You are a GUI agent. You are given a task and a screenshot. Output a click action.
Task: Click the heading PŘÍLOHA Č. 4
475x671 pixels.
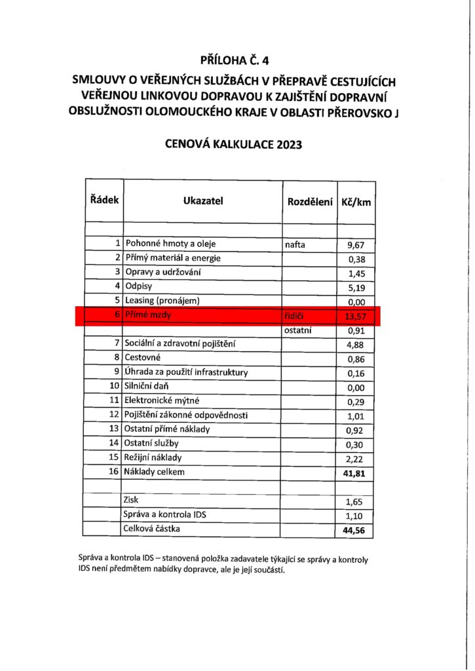237,62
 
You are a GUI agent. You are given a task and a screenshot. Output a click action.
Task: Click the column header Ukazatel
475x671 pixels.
203,201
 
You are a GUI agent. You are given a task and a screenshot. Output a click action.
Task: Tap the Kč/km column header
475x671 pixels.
356,202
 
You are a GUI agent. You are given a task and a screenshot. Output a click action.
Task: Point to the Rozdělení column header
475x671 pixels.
309,201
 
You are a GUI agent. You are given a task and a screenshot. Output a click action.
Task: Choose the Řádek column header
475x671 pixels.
104,201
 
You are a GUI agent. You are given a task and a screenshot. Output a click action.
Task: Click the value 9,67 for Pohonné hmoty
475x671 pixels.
356,246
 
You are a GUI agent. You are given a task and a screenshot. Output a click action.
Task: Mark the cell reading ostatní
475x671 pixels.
298,331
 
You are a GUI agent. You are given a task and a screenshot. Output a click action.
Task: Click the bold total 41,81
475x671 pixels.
354,472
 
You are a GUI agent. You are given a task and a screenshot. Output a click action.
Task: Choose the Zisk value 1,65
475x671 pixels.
356,501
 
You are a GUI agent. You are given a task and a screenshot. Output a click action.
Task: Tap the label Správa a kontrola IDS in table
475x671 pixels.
164,514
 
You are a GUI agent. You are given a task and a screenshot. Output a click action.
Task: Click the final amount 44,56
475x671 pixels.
354,530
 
